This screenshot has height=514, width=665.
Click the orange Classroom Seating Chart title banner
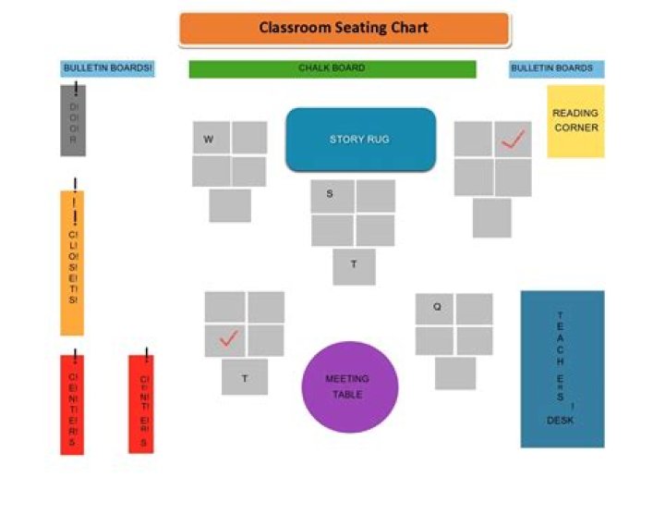(x=344, y=29)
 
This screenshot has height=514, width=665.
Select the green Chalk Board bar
(x=332, y=68)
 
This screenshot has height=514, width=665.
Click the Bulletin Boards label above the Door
(x=108, y=68)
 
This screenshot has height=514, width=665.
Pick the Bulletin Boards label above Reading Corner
(x=556, y=68)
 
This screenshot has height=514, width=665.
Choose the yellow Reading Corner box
(x=575, y=121)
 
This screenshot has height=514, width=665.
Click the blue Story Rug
(x=360, y=140)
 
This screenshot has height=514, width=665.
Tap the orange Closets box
(x=72, y=263)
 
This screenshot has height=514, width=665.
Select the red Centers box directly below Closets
(x=72, y=404)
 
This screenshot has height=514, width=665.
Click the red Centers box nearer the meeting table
(x=141, y=404)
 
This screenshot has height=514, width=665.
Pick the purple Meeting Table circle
(x=347, y=387)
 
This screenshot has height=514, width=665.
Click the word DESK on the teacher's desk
(x=561, y=421)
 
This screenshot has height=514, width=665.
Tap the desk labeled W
(x=211, y=140)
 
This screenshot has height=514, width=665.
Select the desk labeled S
(x=331, y=196)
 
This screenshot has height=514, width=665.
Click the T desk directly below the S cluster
(x=354, y=266)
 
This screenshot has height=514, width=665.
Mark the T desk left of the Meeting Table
(x=245, y=377)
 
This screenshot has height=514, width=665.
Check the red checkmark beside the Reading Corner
(x=513, y=140)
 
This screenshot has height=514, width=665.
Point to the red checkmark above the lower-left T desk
(x=227, y=339)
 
